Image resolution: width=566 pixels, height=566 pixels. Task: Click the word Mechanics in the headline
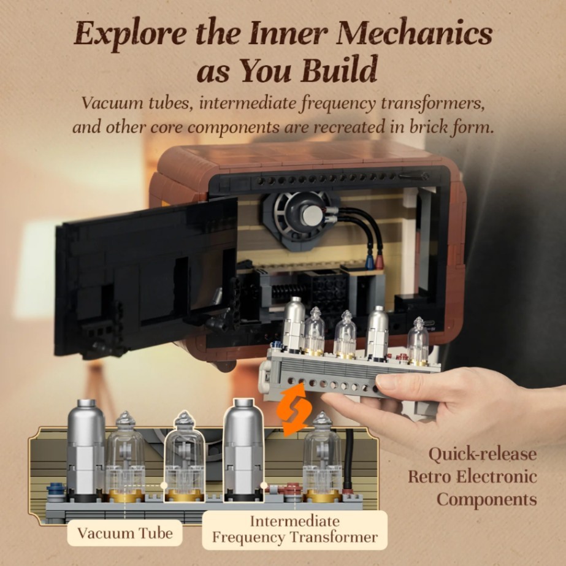pyautogui.click(x=416, y=34)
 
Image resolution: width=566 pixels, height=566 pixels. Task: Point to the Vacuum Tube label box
pyautogui.click(x=125, y=533)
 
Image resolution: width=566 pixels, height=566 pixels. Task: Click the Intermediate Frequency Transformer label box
pyautogui.click(x=294, y=530)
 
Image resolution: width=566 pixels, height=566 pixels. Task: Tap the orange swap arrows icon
pyautogui.click(x=294, y=410)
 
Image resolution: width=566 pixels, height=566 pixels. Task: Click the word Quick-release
pyautogui.click(x=483, y=454)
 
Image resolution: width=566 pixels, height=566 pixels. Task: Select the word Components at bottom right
pyautogui.click(x=486, y=500)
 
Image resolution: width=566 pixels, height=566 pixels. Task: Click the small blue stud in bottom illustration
pyautogui.click(x=56, y=488)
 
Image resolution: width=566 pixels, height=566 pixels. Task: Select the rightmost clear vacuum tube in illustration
pyautogui.click(x=322, y=457)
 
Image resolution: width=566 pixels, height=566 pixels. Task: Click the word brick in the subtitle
pyautogui.click(x=429, y=128)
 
